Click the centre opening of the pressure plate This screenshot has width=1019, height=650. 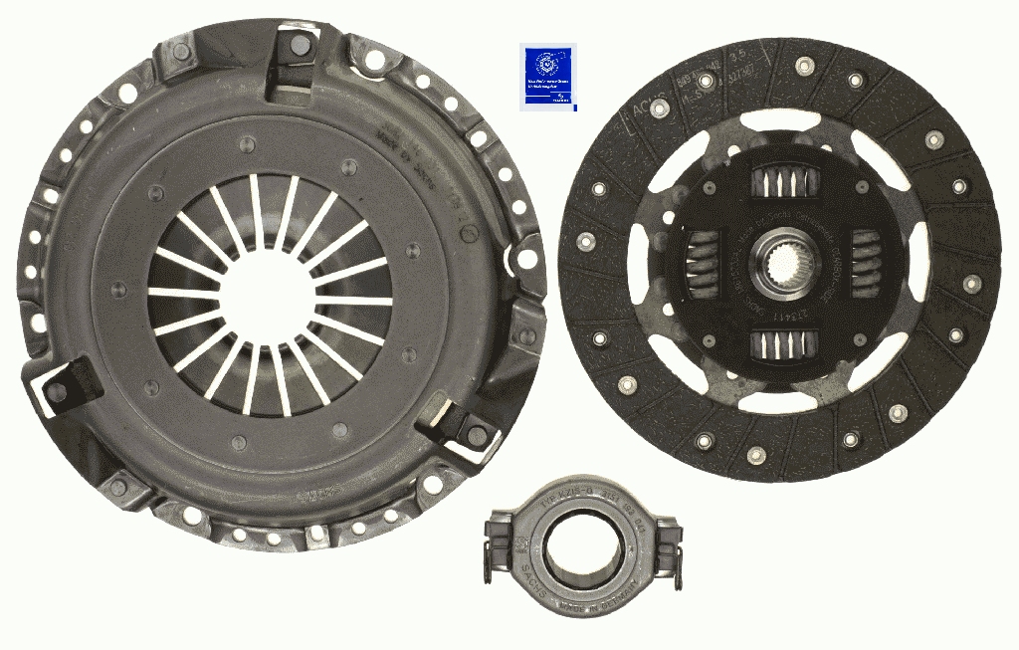pos(269,294)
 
